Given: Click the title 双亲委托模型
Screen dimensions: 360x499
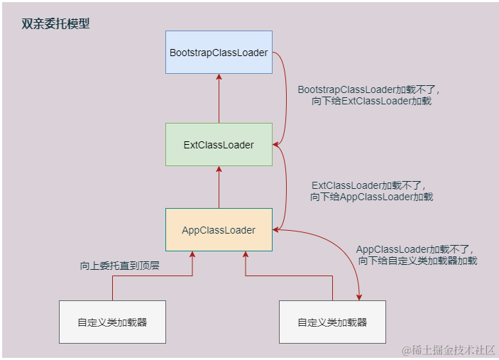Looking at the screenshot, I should [55, 23].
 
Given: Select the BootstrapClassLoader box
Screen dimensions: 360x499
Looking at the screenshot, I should [219, 52].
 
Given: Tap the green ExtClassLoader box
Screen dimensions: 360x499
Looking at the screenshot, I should [219, 145].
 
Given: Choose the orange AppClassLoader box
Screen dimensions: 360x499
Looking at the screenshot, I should [219, 229].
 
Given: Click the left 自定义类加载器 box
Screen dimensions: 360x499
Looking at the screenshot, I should [112, 322].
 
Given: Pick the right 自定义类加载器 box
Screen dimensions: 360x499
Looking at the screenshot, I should [332, 322].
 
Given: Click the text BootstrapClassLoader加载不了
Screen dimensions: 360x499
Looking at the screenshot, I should [369, 90].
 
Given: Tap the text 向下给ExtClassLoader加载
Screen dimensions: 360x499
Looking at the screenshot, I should [371, 102].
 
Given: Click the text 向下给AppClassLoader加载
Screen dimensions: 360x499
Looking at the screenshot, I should [371, 197].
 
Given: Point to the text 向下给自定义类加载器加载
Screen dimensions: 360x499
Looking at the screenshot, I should [417, 261].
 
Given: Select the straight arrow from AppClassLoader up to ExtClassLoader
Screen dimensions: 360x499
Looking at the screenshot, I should [219, 187].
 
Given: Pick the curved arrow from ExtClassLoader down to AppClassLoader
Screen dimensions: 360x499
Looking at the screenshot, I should [285, 187].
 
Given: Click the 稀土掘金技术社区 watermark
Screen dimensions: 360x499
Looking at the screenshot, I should [449, 350].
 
